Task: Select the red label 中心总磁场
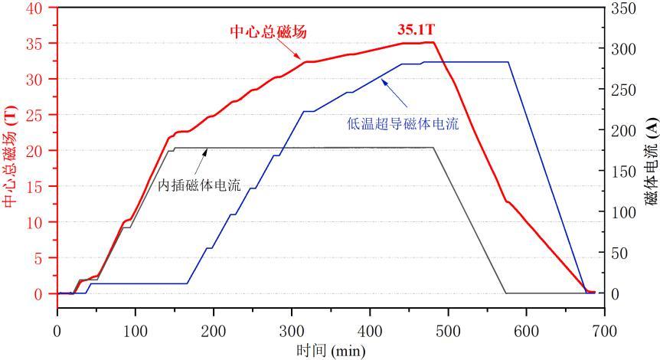(263, 32)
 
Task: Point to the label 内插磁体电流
(199, 185)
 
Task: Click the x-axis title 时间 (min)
(330, 352)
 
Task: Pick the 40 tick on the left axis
(42, 8)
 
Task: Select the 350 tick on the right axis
(621, 8)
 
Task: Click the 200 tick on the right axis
(621, 130)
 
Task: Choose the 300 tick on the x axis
(292, 329)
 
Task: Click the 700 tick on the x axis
(604, 329)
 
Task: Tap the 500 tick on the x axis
(448, 329)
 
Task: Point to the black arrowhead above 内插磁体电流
(205, 150)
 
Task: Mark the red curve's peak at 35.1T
(432, 42)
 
